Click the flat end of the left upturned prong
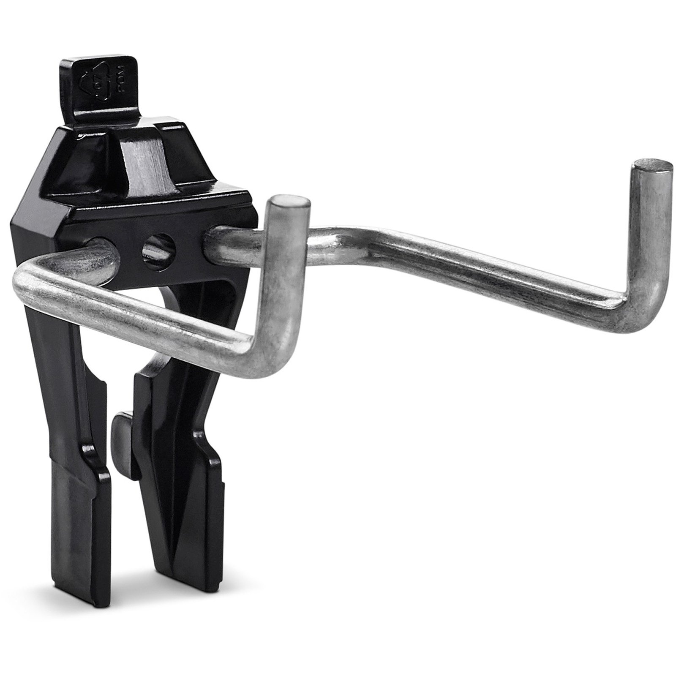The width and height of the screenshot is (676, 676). click(288, 201)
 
